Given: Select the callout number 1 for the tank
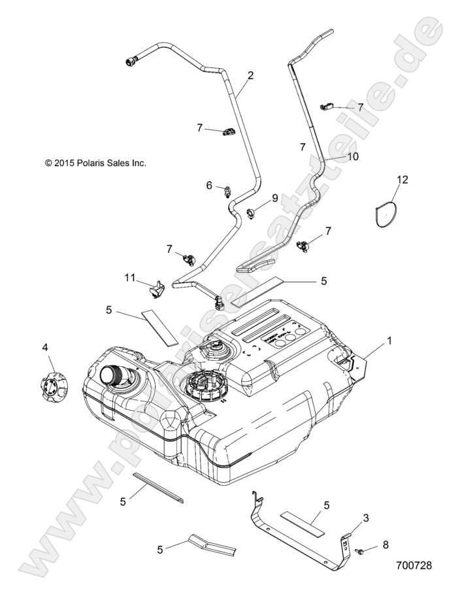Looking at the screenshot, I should [389, 340].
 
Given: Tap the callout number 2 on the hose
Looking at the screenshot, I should [250, 76].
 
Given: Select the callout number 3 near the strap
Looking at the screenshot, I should [365, 518].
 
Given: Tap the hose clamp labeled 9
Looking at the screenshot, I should [252, 211].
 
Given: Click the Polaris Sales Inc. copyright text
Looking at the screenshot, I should [95, 163].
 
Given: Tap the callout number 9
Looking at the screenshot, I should [275, 197].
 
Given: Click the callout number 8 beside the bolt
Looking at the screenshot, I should [385, 544].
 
